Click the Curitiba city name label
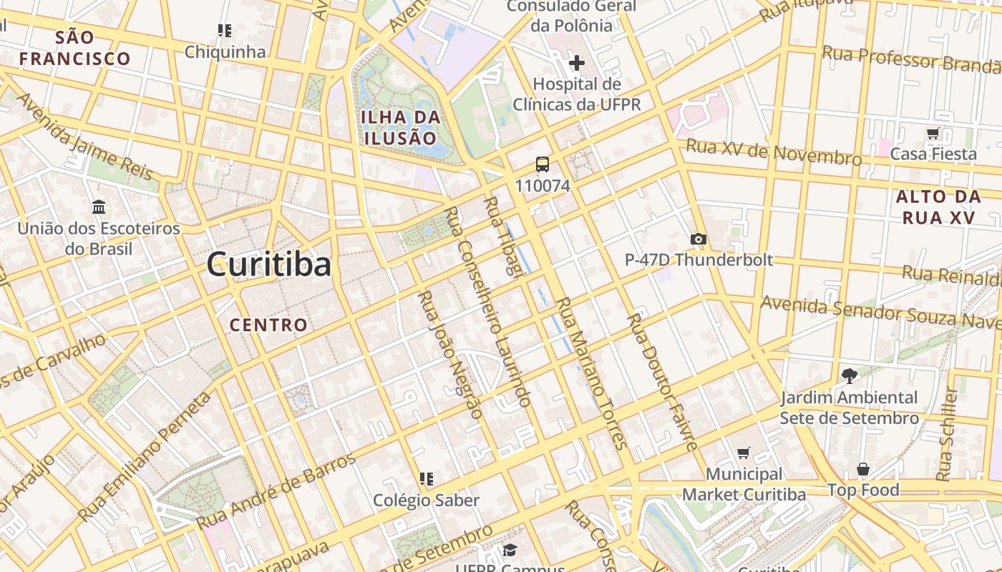coord(269,265)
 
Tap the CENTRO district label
coord(268,325)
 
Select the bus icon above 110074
coord(543,164)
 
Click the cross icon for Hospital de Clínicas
coord(576,63)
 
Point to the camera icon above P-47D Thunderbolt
coord(698,239)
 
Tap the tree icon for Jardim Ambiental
coord(849,375)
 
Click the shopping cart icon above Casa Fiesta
coord(933,133)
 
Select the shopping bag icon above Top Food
coord(863,469)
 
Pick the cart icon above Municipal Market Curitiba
coord(744,453)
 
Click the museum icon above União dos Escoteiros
coord(99,207)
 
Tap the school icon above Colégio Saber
coord(427,478)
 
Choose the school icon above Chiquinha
coord(225,31)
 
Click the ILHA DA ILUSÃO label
coord(400,127)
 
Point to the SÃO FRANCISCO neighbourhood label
coord(74,47)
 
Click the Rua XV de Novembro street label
coord(774,152)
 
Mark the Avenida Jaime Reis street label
coord(84,137)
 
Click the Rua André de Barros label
coord(276,490)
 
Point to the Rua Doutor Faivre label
coord(662,382)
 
